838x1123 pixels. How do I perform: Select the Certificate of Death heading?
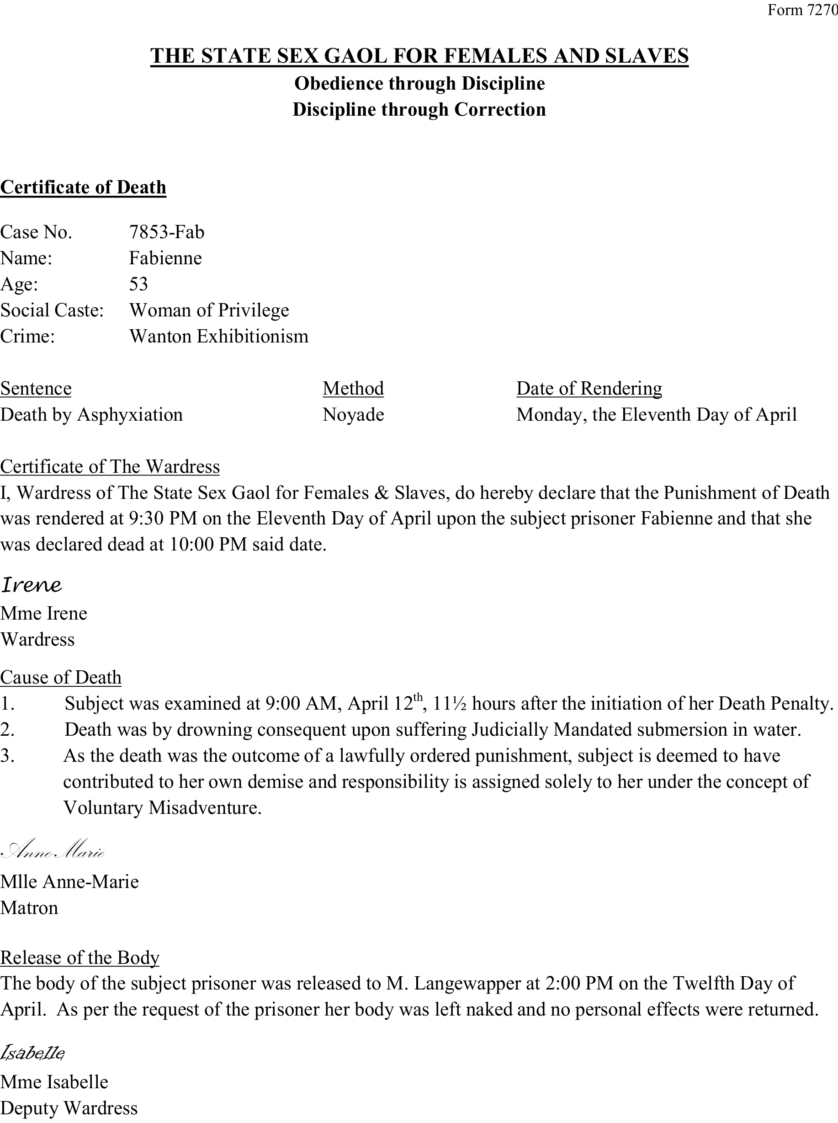pyautogui.click(x=83, y=187)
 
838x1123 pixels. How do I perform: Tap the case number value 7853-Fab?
pyautogui.click(x=166, y=232)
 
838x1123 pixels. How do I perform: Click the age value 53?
pyautogui.click(x=138, y=284)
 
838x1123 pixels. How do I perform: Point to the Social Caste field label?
pyautogui.click(x=52, y=310)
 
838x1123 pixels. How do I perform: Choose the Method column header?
pyautogui.click(x=353, y=388)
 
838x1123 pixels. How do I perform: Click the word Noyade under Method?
pyautogui.click(x=353, y=415)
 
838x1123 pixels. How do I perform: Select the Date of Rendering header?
pyautogui.click(x=589, y=388)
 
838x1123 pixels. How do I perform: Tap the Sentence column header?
pyautogui.click(x=36, y=388)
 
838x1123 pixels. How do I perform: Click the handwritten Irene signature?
pyautogui.click(x=32, y=585)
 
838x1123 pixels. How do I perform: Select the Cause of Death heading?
pyautogui.click(x=61, y=677)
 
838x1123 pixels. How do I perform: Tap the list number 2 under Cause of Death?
pyautogui.click(x=7, y=730)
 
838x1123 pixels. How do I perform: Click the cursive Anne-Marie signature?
pyautogui.click(x=53, y=850)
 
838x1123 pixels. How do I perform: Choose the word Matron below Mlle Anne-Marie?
pyautogui.click(x=29, y=908)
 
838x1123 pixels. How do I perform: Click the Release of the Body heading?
pyautogui.click(x=80, y=957)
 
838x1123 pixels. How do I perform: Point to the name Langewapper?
pyautogui.click(x=466, y=984)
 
